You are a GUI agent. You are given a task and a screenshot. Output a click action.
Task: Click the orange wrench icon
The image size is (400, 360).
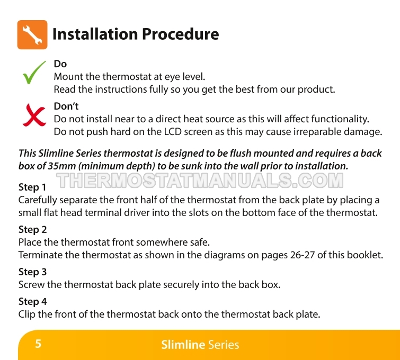coord(32,34)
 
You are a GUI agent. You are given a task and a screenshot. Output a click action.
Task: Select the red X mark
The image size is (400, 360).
coord(34,115)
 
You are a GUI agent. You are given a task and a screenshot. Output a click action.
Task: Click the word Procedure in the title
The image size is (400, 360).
coord(180,34)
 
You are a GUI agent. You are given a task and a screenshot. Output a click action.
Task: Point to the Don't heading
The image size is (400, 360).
coord(66,106)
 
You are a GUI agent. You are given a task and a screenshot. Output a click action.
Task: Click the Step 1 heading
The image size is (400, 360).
coord(32,187)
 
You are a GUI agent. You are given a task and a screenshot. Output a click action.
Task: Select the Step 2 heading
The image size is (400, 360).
coord(33,229)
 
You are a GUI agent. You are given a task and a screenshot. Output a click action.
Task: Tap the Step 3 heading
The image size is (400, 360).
coord(33,272)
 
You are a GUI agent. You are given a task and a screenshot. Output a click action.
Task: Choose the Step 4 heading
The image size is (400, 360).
coord(33,301)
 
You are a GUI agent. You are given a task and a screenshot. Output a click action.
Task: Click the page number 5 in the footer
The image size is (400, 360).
coord(38,344)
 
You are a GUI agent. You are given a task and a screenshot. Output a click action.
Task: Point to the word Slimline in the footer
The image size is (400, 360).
coord(183,345)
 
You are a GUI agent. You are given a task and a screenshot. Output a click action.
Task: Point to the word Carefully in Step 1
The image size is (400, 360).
coord(38,200)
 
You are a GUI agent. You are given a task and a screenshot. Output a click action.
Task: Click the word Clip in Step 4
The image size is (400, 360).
coord(27,314)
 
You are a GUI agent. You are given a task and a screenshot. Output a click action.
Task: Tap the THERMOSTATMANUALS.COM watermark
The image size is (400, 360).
coord(200,181)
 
